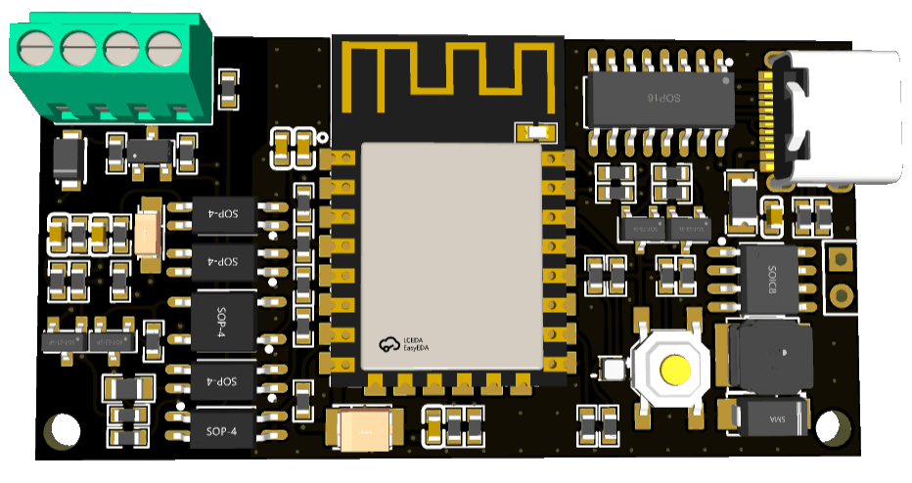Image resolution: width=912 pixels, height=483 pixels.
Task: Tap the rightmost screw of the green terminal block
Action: pos(164,44)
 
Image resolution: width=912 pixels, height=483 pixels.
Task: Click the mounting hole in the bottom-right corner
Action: pos(829,427)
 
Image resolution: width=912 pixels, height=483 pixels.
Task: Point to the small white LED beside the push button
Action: pos(614,370)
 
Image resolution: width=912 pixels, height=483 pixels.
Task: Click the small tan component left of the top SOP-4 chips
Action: pos(148,234)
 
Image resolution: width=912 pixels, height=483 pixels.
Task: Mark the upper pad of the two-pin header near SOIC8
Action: pos(841,259)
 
